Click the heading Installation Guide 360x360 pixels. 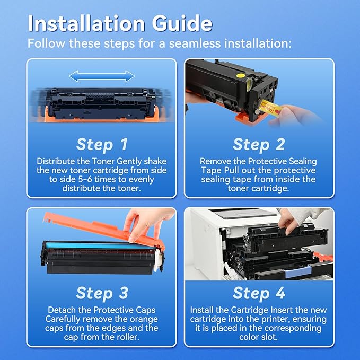120,24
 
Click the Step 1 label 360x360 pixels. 102,144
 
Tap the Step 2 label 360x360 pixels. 259,144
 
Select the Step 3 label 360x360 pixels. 102,293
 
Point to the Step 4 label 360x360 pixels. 259,293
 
